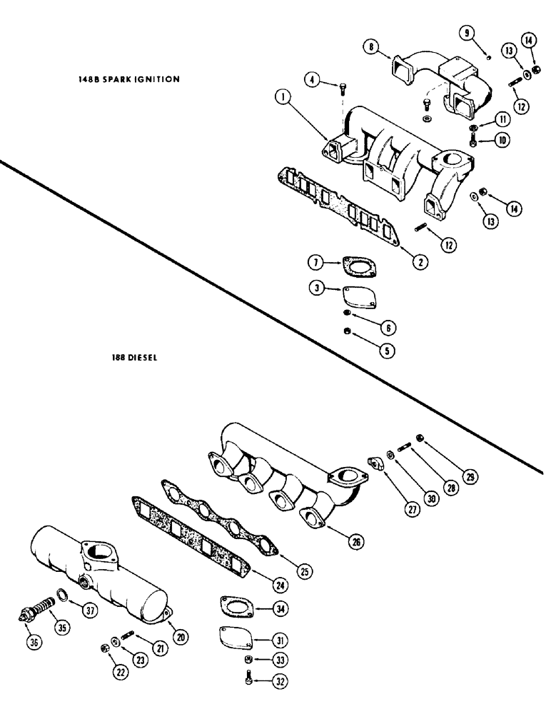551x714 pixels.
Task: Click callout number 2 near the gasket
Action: (x=422, y=261)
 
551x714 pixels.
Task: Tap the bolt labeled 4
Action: (x=343, y=88)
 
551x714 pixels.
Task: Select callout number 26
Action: (x=355, y=542)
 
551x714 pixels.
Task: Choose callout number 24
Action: (x=280, y=585)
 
